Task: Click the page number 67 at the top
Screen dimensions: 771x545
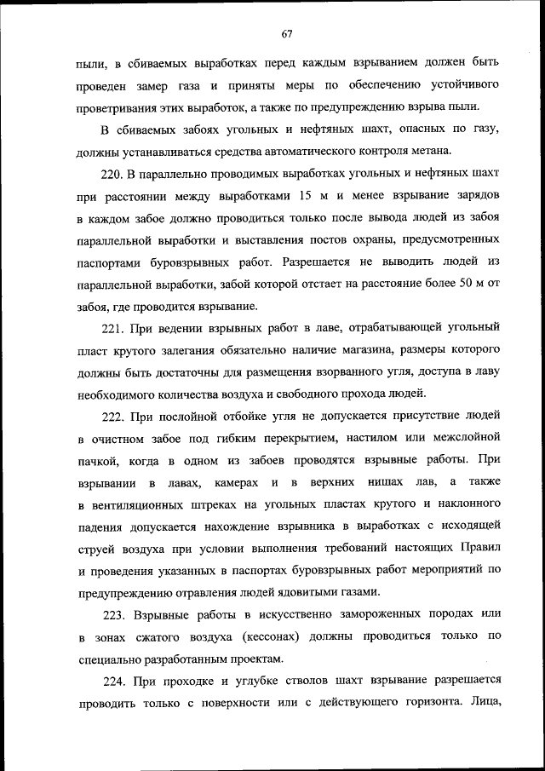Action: pos(286,34)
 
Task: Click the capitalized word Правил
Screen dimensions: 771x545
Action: pos(481,548)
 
